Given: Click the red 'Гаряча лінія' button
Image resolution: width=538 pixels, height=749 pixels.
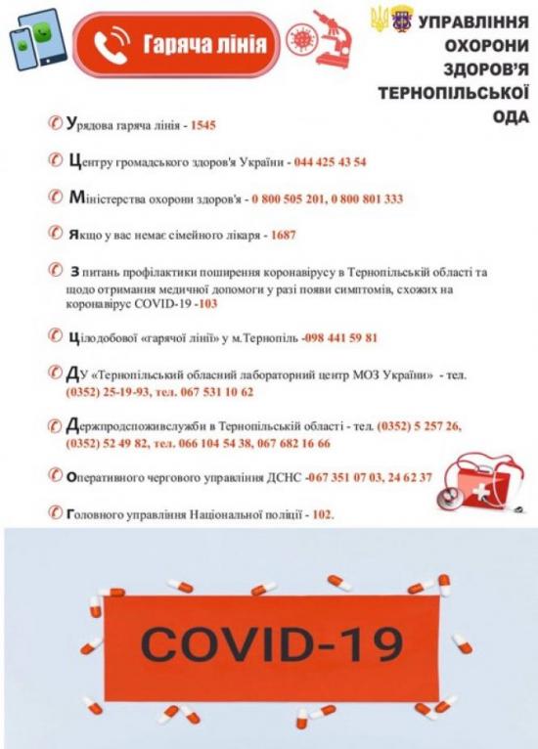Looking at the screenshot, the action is point(177,44).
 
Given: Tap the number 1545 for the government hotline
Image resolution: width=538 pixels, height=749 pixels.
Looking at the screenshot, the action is point(202,127).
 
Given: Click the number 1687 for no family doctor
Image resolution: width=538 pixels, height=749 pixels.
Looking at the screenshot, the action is point(281,235).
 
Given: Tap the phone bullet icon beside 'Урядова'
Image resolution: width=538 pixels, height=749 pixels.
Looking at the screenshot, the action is point(56,126).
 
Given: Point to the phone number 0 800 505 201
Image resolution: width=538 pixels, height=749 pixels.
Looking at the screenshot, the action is point(289,198).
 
